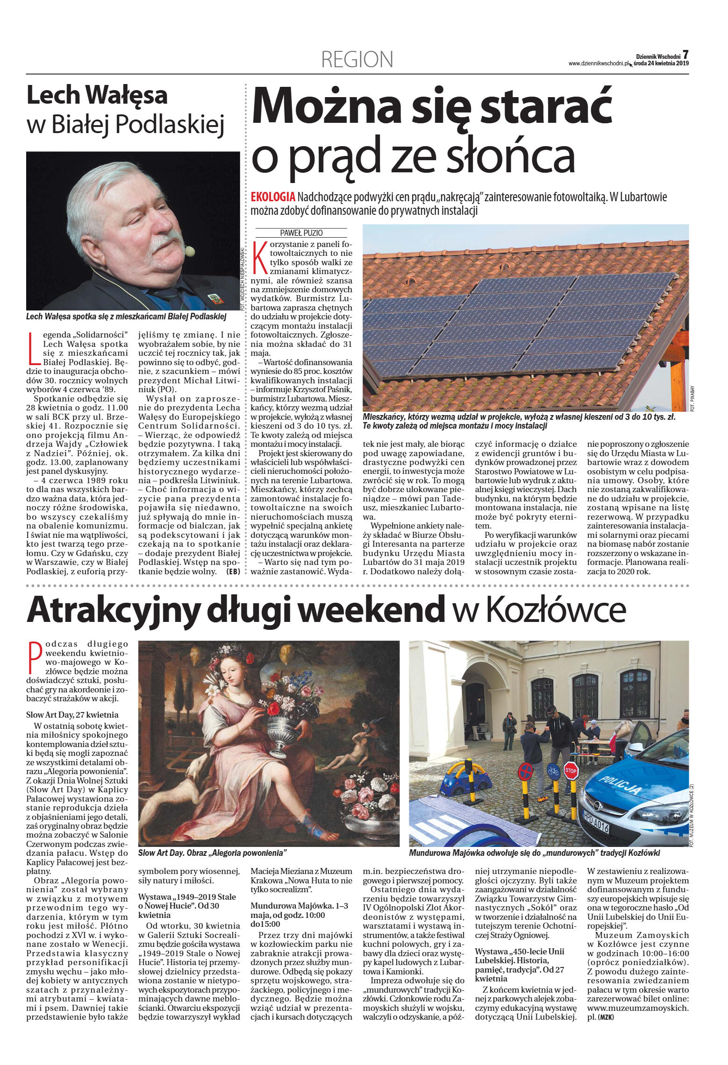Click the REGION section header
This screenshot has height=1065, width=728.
coord(357,60)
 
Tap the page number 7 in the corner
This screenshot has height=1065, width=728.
coord(685,54)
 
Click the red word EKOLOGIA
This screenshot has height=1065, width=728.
coord(273,197)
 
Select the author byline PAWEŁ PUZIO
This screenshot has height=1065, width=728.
coord(301,233)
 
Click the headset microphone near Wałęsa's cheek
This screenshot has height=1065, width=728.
coord(189,252)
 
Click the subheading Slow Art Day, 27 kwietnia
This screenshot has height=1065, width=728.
coord(72,715)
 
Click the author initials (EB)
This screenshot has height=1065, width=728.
coord(232,571)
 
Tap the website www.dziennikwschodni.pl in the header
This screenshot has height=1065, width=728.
coord(598,63)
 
